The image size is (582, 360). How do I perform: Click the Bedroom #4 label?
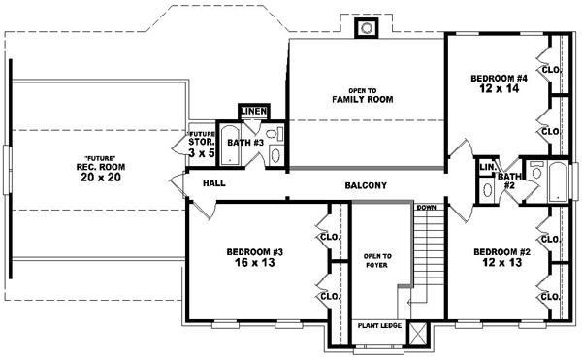500,78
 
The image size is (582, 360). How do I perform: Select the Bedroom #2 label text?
501,251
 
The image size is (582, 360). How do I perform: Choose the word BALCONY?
366,185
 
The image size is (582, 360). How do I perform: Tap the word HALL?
215,182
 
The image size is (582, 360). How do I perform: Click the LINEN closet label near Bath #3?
253,111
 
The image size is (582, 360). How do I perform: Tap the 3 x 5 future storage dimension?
201,152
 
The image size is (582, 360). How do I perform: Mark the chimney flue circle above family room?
367,28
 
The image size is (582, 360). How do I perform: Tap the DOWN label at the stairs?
426,208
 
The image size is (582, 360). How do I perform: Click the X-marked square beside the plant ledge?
418,333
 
